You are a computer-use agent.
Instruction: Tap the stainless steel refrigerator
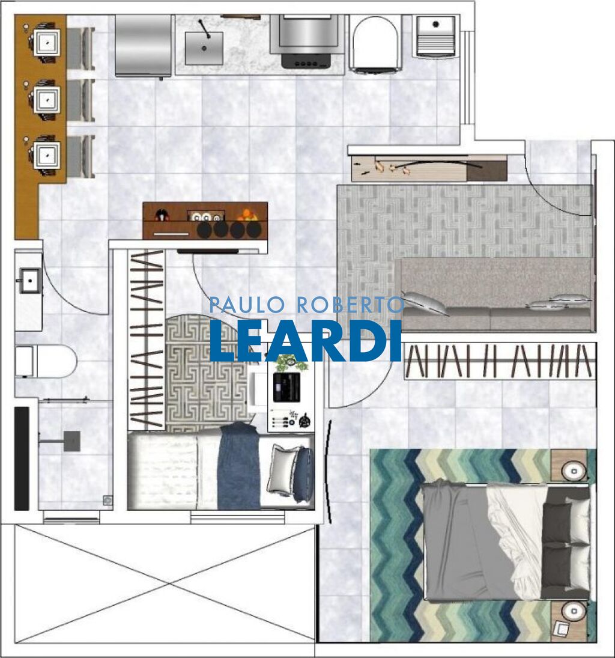coord(143,46)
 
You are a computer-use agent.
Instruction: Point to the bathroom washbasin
coord(29,280)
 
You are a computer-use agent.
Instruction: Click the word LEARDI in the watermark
coord(305,341)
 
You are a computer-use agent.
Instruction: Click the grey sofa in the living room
coord(496,294)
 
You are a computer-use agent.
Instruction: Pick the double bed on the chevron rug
coord(504,541)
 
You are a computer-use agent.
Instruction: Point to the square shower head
coord(72,440)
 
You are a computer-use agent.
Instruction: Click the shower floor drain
coord(108,499)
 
